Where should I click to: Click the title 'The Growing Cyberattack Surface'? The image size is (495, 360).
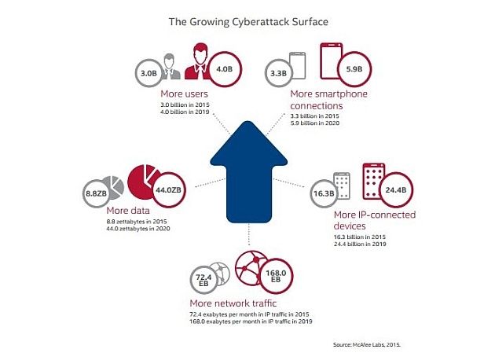(x=248, y=22)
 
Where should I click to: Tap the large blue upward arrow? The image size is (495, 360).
(x=249, y=172)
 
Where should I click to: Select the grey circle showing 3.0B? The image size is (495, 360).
(x=148, y=73)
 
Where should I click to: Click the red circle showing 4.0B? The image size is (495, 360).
(x=224, y=69)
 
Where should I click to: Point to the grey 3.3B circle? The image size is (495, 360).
(x=278, y=73)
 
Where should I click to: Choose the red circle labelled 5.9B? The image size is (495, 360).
(x=354, y=69)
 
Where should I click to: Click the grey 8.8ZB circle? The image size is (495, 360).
(x=96, y=193)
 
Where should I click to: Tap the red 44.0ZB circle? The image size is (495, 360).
(x=169, y=189)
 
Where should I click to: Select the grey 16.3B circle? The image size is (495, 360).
(x=324, y=193)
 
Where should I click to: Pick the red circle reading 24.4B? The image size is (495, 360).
(x=395, y=189)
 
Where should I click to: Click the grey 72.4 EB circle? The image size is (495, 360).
(x=203, y=280)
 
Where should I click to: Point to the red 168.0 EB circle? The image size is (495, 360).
(x=276, y=276)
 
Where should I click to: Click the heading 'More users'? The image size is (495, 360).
(x=184, y=94)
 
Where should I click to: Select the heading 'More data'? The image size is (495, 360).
(x=128, y=211)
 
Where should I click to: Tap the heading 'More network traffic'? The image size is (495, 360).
(x=233, y=303)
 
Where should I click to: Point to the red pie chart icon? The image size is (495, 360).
(x=142, y=182)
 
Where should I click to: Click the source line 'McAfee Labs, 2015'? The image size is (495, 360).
(x=366, y=344)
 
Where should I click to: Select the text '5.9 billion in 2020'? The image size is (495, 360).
(x=315, y=123)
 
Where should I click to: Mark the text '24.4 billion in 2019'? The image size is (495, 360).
(x=360, y=244)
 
